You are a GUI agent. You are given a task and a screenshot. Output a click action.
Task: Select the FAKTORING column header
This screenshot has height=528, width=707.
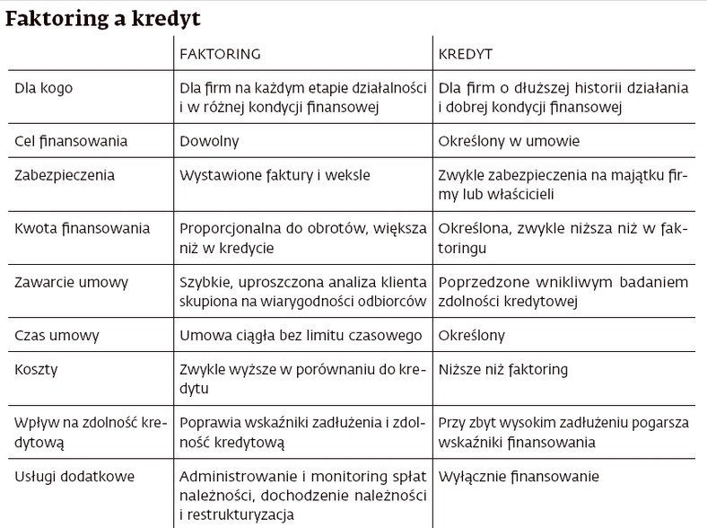(x=220, y=54)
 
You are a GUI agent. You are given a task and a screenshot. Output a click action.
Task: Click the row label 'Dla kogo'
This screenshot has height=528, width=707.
(x=45, y=88)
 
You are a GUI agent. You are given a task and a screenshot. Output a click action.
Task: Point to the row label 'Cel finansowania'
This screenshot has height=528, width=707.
(x=72, y=141)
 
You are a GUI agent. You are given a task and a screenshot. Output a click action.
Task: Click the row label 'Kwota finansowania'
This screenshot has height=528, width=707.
(x=82, y=229)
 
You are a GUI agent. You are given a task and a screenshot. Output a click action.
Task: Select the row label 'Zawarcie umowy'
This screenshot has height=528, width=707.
(x=73, y=282)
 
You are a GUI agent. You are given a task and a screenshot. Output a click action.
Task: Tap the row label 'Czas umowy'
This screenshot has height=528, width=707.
(x=58, y=335)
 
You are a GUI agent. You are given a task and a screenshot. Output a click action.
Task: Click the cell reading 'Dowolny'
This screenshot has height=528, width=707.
(x=209, y=141)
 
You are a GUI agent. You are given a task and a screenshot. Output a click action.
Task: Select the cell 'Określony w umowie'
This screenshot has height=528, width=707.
(x=509, y=141)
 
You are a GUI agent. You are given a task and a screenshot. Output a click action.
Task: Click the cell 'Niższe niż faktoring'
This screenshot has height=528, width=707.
(x=502, y=369)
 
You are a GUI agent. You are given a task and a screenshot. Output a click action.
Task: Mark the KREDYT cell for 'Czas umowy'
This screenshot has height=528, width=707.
(x=471, y=335)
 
